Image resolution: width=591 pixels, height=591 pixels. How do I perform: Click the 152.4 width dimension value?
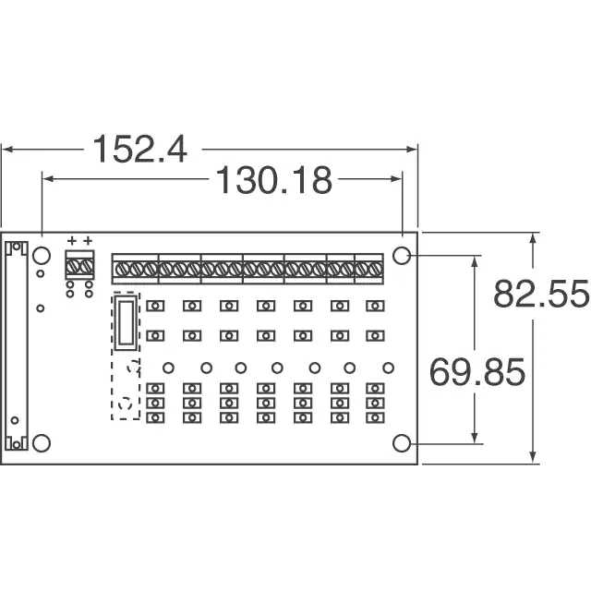(139, 150)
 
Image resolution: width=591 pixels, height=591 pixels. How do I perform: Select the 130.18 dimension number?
(274, 181)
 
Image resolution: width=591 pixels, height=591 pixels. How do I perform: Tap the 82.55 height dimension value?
(541, 294)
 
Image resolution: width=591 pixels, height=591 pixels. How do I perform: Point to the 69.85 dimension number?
(476, 372)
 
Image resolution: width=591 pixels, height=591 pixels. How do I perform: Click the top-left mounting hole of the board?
(42, 256)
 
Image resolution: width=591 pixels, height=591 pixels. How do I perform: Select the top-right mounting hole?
(402, 256)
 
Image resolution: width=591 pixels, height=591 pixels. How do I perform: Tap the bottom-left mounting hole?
(42, 443)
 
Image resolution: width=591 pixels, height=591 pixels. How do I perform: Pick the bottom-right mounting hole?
(402, 443)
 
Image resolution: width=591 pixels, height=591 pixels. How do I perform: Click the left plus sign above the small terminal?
(72, 240)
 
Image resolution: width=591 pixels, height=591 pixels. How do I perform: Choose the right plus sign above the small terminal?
(88, 240)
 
